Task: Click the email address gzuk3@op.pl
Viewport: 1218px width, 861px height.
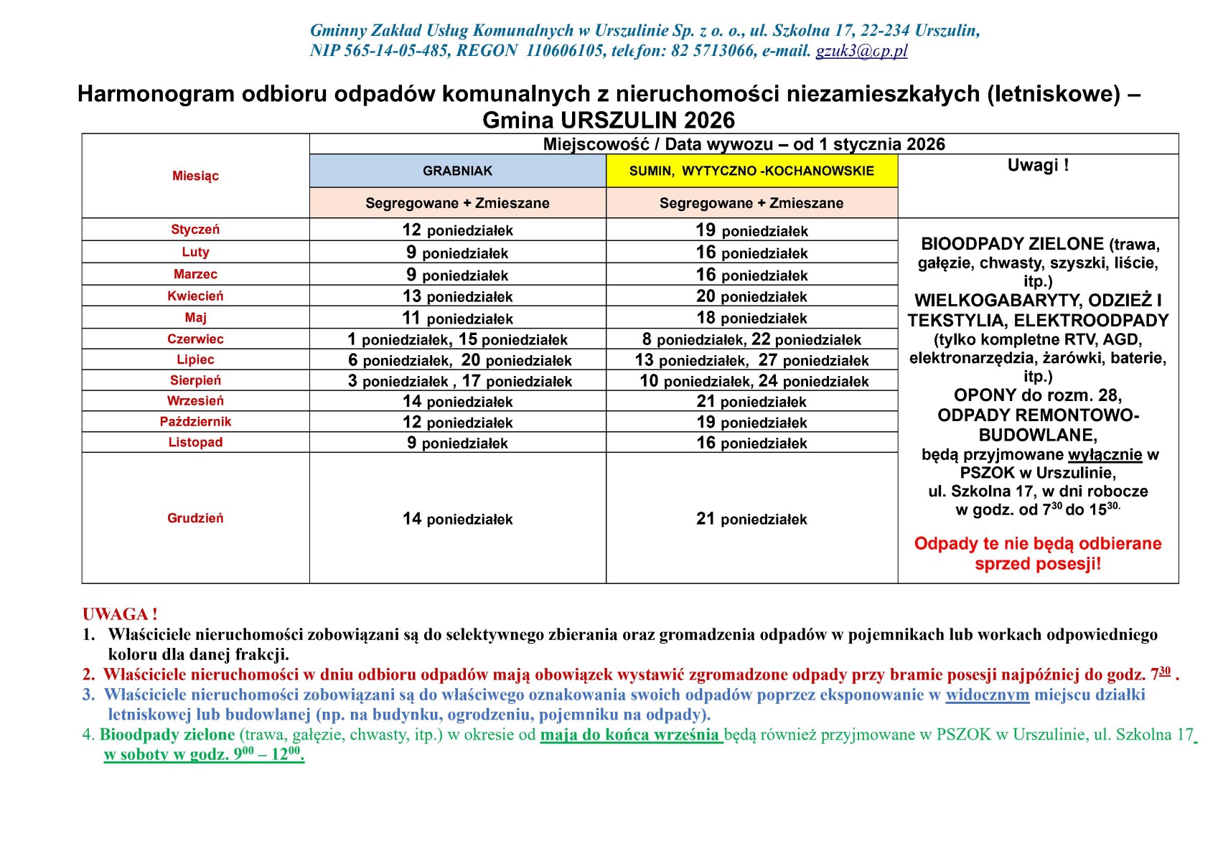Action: pos(861,51)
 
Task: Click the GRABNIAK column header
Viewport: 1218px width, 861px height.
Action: pos(457,171)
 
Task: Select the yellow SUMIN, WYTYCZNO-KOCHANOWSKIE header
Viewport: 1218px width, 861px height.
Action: pos(751,171)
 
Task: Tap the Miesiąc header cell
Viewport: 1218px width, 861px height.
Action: pos(195,176)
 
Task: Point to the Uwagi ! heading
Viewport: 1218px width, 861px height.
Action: pos(1038,165)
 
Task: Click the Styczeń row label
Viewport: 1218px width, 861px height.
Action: pos(195,230)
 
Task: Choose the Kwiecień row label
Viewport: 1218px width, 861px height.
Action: pos(195,296)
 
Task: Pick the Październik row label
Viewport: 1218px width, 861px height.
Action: pos(195,422)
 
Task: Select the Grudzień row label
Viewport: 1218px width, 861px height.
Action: pos(195,518)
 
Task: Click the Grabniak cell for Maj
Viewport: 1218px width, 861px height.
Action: pos(457,318)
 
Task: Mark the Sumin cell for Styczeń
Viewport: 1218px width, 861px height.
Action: pos(751,230)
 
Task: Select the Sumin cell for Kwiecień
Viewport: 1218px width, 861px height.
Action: pos(751,296)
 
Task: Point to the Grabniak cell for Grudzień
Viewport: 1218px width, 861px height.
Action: pos(457,519)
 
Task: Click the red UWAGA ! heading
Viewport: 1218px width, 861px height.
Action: pos(120,614)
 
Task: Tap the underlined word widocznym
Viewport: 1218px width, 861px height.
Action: pos(987,695)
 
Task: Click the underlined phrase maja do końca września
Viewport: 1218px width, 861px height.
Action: pos(630,735)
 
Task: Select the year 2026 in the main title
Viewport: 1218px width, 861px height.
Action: pos(709,120)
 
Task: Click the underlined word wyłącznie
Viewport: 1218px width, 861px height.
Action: pos(1105,455)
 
